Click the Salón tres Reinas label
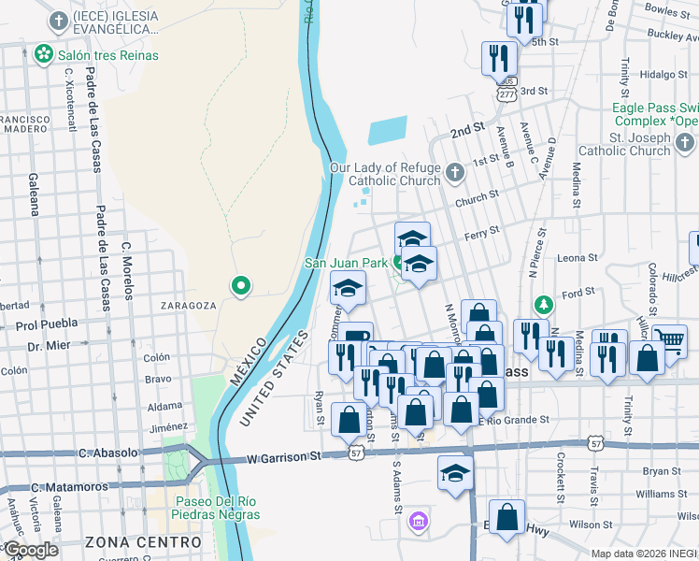click(x=107, y=55)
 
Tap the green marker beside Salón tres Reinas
click(x=43, y=55)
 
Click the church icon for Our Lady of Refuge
click(x=455, y=173)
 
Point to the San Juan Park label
click(x=346, y=263)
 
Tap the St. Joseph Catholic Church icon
click(x=685, y=143)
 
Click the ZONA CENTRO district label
click(x=143, y=541)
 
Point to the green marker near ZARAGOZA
click(x=241, y=286)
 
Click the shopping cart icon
click(x=669, y=341)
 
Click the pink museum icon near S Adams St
click(x=418, y=520)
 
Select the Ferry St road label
click(x=482, y=232)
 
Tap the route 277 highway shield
click(x=506, y=94)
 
